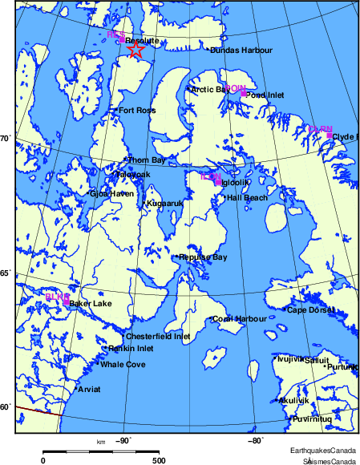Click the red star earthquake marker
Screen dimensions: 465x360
[136, 50]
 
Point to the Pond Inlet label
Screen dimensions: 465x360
[265, 95]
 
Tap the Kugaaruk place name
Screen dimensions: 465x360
[165, 204]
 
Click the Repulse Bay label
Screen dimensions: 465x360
[204, 257]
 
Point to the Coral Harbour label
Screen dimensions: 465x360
[240, 319]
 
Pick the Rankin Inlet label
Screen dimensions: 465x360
[131, 349]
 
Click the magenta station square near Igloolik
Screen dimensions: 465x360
[218, 182]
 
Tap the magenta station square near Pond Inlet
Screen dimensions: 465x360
[243, 93]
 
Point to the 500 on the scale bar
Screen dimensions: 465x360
[159, 460]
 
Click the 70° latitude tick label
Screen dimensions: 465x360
[4, 139]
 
